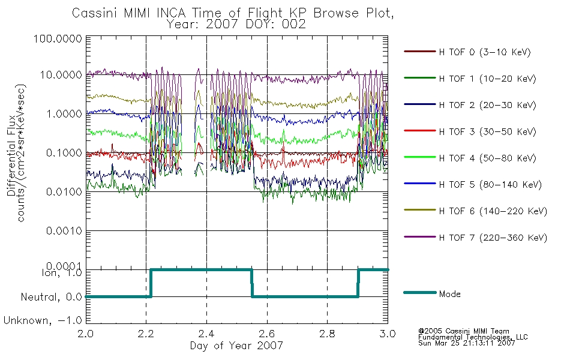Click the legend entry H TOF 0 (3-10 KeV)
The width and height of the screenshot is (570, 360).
pyautogui.click(x=485, y=52)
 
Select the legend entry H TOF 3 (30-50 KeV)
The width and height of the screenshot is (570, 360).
pyautogui.click(x=487, y=131)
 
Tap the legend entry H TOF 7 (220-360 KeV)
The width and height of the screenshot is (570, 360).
pyautogui.click(x=493, y=238)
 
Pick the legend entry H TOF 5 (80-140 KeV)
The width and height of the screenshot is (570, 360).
pyautogui.click(x=490, y=185)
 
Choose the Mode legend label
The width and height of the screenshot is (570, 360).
pyautogui.click(x=449, y=294)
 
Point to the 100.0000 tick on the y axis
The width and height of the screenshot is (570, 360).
pyautogui.click(x=58, y=38)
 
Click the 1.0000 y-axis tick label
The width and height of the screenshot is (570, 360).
pyautogui.click(x=64, y=114)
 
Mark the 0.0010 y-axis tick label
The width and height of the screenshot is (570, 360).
pyautogui.click(x=64, y=231)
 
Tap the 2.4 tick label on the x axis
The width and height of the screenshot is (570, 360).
pyautogui.click(x=206, y=334)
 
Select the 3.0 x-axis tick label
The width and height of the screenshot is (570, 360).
pyautogui.click(x=388, y=334)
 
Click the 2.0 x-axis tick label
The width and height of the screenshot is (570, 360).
pyautogui.click(x=86, y=334)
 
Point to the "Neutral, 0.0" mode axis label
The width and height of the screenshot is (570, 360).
pyautogui.click(x=51, y=298)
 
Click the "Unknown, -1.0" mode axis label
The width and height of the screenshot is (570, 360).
pyautogui.click(x=43, y=321)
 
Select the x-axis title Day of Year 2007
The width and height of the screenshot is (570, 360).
pyautogui.click(x=236, y=346)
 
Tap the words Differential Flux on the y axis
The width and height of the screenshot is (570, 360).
pyautogui.click(x=11, y=155)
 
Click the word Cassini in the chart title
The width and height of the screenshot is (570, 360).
pyautogui.click(x=95, y=13)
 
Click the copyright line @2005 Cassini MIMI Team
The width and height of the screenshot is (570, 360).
pyautogui.click(x=463, y=331)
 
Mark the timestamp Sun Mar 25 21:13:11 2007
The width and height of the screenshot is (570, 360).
pyautogui.click(x=466, y=343)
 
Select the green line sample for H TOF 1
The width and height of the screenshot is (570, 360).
pyautogui.click(x=420, y=78)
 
